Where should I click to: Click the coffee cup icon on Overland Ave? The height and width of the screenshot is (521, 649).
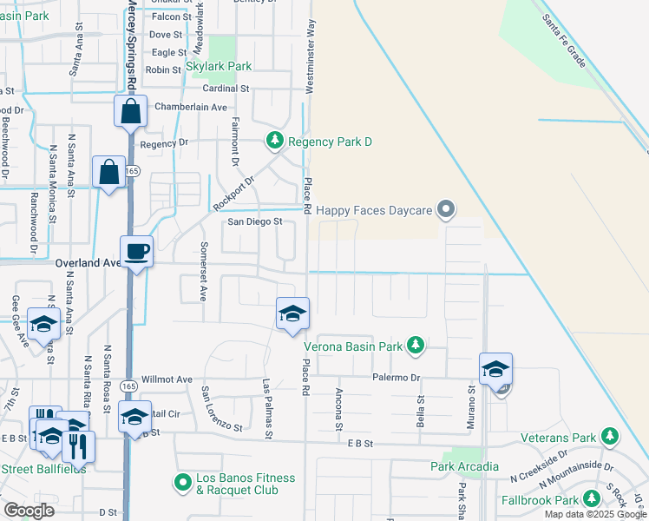pos(137,253)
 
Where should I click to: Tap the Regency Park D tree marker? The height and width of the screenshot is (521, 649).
pos(274,141)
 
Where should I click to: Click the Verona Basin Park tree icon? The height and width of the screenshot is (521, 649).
pos(416,346)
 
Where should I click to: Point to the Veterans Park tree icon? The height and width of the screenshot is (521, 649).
pos(610,437)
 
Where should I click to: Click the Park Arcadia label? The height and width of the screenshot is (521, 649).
pos(464,466)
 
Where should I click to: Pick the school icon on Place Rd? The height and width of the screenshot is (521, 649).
pos(293,313)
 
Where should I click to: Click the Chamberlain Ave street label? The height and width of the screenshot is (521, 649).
pos(190,107)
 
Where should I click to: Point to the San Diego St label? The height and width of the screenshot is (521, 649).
pos(255,221)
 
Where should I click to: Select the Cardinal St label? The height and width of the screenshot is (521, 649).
pos(226,89)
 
